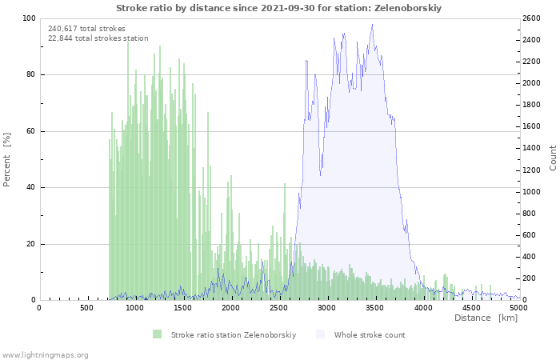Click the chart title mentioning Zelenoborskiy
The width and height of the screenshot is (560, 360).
pyautogui.click(x=278, y=8)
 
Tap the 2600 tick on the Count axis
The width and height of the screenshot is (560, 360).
pyautogui.click(x=531, y=18)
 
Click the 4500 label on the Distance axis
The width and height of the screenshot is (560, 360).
pyautogui.click(x=470, y=307)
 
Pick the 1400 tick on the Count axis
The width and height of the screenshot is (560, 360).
pyautogui.click(x=531, y=148)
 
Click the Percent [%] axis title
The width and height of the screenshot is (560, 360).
pyautogui.click(x=6, y=160)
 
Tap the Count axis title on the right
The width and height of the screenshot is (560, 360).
pyautogui.click(x=553, y=158)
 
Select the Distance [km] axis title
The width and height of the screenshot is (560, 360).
pyautogui.click(x=486, y=318)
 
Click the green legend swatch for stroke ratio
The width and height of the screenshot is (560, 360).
pyautogui.click(x=157, y=334)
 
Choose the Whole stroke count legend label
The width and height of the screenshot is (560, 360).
pyautogui.click(x=370, y=335)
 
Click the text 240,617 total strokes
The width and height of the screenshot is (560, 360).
pyautogui.click(x=86, y=29)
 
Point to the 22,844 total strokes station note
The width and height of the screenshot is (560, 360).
pyautogui.click(x=98, y=38)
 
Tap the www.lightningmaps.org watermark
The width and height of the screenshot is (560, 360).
pyautogui.click(x=44, y=355)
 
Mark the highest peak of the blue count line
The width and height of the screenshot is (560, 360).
pyautogui.click(x=372, y=24)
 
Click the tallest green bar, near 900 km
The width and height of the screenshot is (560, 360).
pyautogui.click(x=128, y=170)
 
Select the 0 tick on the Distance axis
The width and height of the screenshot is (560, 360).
pyautogui.click(x=39, y=307)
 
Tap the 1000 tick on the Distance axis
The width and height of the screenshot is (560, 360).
pyautogui.click(x=134, y=307)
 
